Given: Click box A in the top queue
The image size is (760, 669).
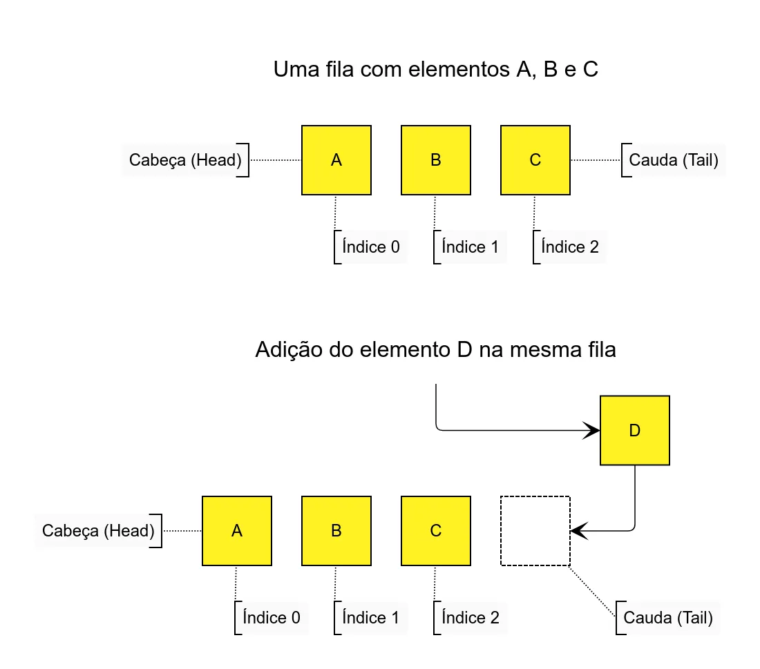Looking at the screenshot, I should pyautogui.click(x=336, y=160).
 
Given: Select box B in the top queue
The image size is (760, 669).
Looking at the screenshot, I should pyautogui.click(x=436, y=160).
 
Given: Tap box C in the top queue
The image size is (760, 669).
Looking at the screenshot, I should pyautogui.click(x=535, y=160).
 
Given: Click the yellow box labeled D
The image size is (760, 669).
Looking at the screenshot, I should pyautogui.click(x=635, y=431).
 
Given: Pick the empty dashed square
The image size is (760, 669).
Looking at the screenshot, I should pyautogui.click(x=535, y=531).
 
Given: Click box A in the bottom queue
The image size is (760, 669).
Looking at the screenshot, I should pyautogui.click(x=237, y=531).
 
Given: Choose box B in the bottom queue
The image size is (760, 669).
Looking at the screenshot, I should pyautogui.click(x=336, y=531).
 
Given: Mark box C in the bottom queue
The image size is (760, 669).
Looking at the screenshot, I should pyautogui.click(x=436, y=531).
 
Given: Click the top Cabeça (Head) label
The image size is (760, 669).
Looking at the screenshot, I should pyautogui.click(x=185, y=160).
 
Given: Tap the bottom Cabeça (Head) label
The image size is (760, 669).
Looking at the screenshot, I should pyautogui.click(x=98, y=531).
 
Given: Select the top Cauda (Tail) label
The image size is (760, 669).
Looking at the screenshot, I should pyautogui.click(x=674, y=160).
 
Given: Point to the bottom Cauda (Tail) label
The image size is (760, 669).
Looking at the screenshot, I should pyautogui.click(x=668, y=617).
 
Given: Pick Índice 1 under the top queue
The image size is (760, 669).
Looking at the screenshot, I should pyautogui.click(x=470, y=247).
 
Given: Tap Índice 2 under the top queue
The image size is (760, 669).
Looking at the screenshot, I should pyautogui.click(x=570, y=247).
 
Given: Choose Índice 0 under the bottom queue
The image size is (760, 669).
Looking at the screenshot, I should pyautogui.click(x=271, y=617).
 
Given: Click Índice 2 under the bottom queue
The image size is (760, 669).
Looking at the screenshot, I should pyautogui.click(x=471, y=617).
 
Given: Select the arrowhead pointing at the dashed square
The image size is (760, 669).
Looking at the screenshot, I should pyautogui.click(x=580, y=531).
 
